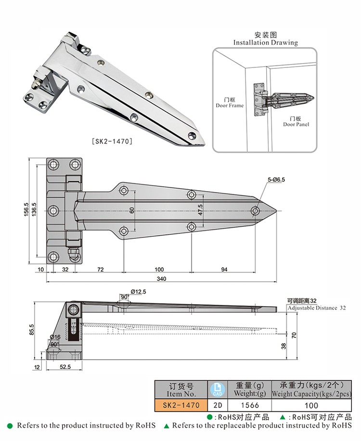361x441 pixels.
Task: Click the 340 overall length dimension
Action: tap(162, 279)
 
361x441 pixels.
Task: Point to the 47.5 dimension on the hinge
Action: tap(199, 210)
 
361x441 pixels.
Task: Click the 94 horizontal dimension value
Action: tap(224, 270)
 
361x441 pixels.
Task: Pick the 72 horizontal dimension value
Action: tap(101, 270)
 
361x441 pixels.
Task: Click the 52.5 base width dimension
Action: tap(65, 367)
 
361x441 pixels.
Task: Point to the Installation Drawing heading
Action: tap(266, 42)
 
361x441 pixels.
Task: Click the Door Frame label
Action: tap(230, 105)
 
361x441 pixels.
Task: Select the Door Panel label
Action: tap(296, 124)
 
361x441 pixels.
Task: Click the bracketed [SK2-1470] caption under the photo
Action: tap(112, 142)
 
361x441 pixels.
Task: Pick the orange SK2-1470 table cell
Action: tap(181, 405)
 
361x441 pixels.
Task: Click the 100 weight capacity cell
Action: tap(311, 405)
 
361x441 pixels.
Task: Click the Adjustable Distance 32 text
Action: tap(317, 308)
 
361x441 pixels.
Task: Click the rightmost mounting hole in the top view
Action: tap(255, 211)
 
